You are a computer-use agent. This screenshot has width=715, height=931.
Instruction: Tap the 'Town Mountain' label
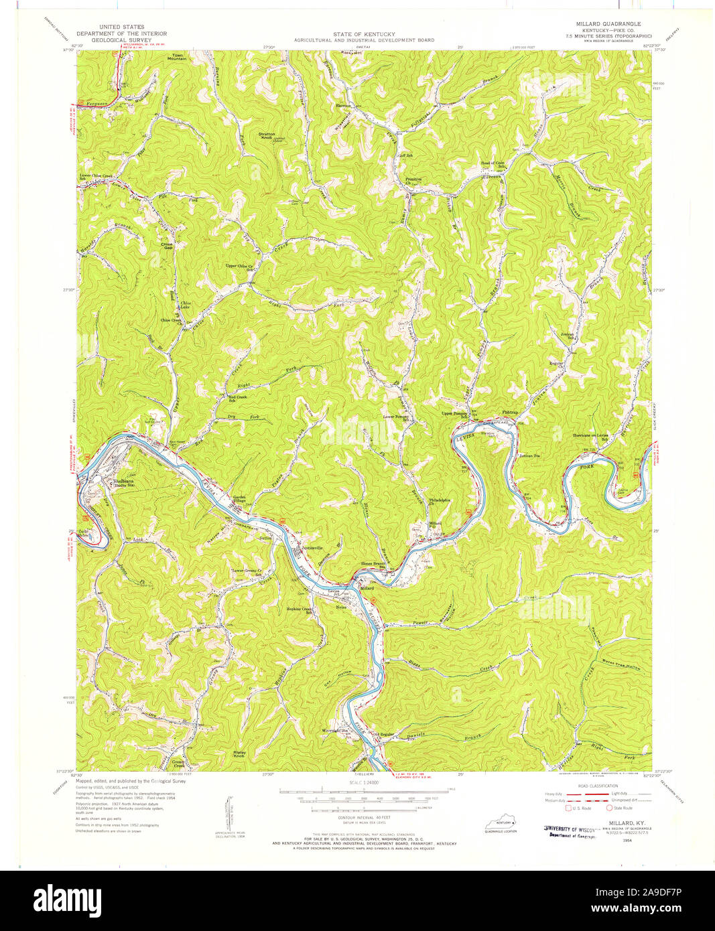coord(177,57)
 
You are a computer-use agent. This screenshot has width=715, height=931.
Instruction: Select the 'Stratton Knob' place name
coord(267,136)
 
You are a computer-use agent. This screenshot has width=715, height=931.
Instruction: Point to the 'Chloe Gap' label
coord(167,246)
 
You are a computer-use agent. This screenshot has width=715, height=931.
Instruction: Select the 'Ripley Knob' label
coord(239,754)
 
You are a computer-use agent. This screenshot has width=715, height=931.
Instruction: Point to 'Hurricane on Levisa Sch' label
coord(590,437)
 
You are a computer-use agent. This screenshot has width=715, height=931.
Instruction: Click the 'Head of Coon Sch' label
coord(492,164)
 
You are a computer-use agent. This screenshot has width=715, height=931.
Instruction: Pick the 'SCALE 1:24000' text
coord(360,782)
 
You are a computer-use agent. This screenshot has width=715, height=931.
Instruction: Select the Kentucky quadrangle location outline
coord(500,823)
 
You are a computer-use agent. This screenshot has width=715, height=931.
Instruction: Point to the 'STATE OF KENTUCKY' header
coord(364,33)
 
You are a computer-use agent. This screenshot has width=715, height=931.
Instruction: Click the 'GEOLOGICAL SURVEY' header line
coord(121,40)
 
